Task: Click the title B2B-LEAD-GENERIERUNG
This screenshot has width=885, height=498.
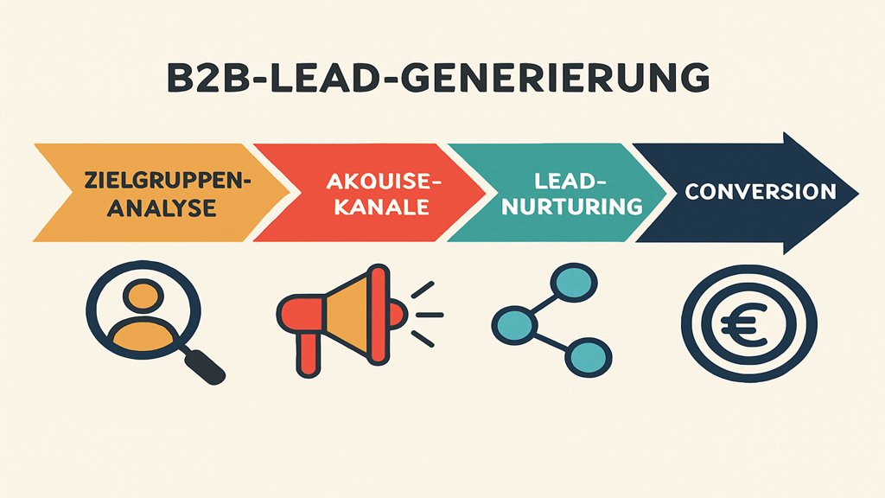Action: pos(437,79)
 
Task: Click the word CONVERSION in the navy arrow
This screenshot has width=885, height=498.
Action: pos(760,191)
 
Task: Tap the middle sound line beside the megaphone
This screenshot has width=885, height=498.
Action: pos(430,316)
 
